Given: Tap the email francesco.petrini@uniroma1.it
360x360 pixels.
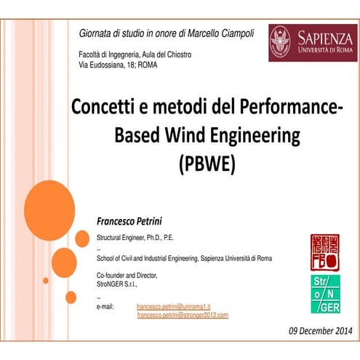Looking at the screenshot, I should tap(175, 308).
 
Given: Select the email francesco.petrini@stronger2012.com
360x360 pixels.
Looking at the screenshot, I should tap(183, 315).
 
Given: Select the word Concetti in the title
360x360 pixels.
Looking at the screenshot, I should tap(105, 108).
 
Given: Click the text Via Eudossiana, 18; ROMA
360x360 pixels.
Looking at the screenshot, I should tap(117, 65).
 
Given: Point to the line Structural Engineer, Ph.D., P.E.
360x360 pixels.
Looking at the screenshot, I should tap(135, 238).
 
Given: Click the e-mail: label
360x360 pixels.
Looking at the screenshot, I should tap(106, 308).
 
